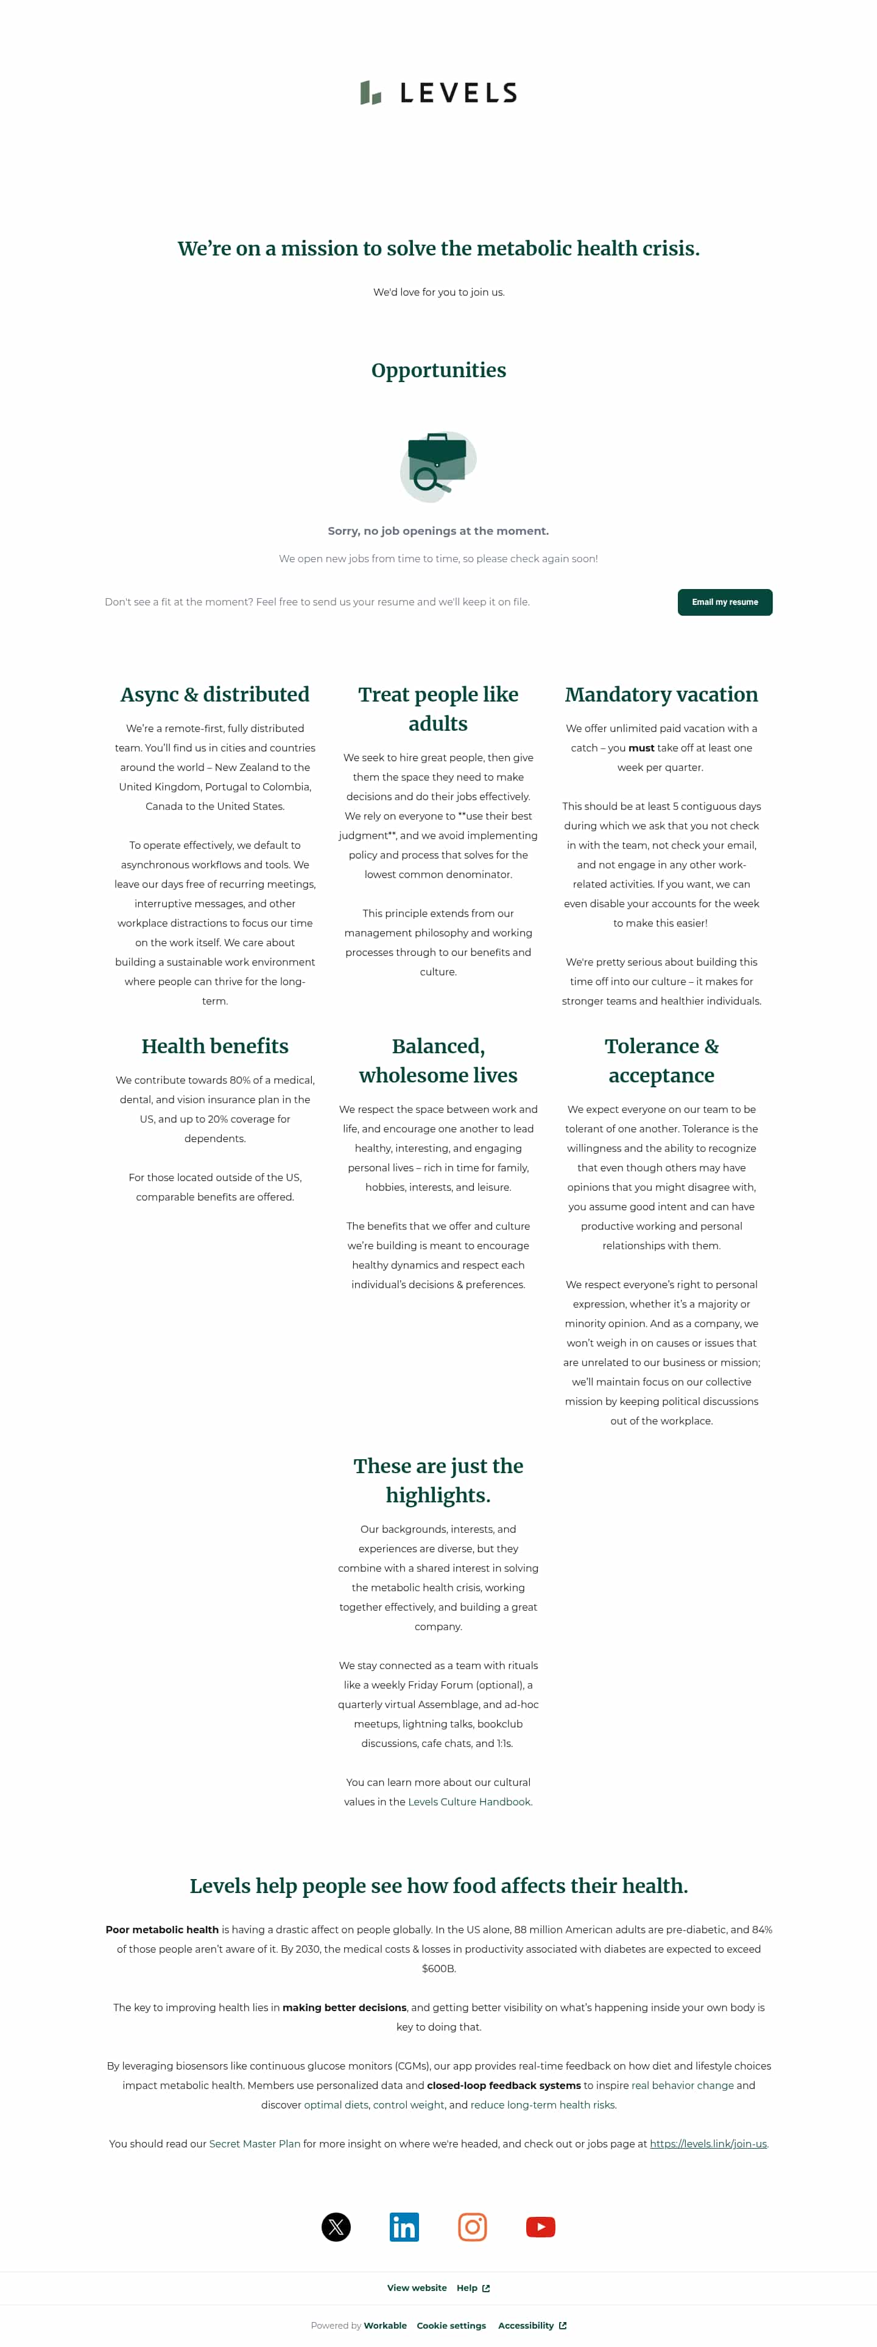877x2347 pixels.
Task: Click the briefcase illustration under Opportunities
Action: [x=438, y=466]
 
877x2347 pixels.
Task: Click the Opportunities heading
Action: [x=438, y=370]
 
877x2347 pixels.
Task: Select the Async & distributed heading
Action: [x=215, y=694]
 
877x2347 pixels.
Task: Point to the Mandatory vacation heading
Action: [x=661, y=694]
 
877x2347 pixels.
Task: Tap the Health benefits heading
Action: [x=215, y=1046]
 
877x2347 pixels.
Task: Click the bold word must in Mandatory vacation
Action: [x=641, y=748]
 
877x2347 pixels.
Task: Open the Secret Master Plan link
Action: [x=255, y=2144]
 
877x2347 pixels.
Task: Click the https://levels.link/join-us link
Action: [x=708, y=2144]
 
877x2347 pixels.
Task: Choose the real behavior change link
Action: [x=682, y=2085]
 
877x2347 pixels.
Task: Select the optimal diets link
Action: [x=336, y=2105]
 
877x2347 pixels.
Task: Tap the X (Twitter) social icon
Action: [x=336, y=2227]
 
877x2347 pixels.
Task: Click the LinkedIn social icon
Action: [x=404, y=2227]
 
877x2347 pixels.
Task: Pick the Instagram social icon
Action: [x=472, y=2227]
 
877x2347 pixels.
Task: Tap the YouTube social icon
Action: [x=541, y=2227]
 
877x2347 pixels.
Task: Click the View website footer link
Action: [x=417, y=2288]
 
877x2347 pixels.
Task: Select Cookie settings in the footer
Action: [x=451, y=2325]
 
